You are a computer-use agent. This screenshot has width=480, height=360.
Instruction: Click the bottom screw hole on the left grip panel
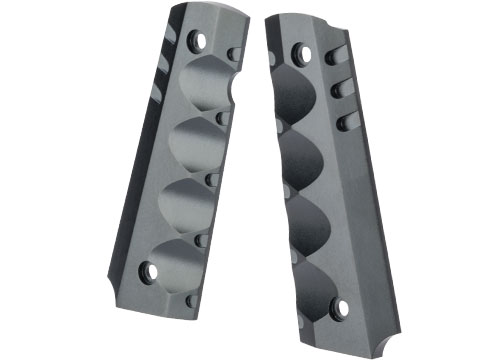(151, 270)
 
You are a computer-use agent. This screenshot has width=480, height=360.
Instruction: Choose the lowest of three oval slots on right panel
(344, 123)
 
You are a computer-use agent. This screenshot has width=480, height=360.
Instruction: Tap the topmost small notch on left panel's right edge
(236, 55)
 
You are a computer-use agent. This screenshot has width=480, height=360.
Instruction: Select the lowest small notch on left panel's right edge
(191, 300)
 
